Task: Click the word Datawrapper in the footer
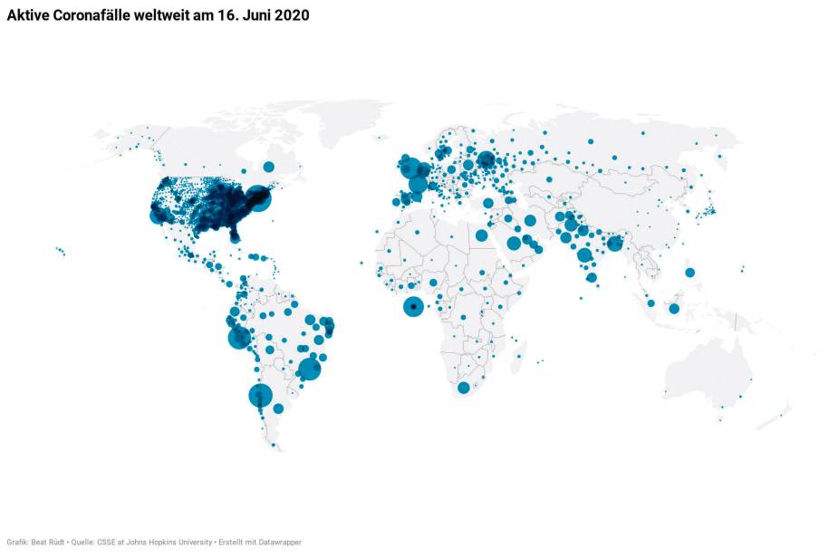click(279, 542)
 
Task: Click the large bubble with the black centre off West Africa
click(413, 308)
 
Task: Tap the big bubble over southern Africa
click(464, 388)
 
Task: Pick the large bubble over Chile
click(260, 396)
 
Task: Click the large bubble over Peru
click(239, 338)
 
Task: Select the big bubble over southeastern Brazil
click(310, 369)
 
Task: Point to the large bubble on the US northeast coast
click(259, 198)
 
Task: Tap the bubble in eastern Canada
click(268, 167)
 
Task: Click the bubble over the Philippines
click(689, 272)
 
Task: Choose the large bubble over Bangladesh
click(615, 243)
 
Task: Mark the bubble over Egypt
click(481, 235)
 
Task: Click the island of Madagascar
click(519, 351)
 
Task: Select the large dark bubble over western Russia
click(486, 161)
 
